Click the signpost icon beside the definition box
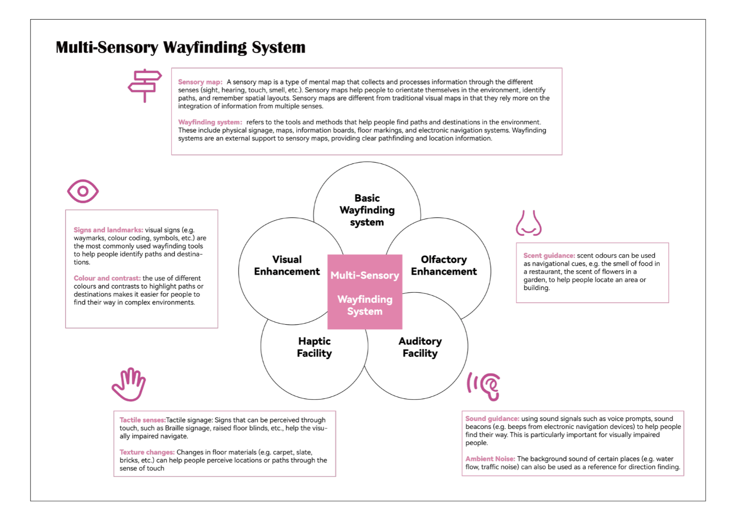pyautogui.click(x=145, y=85)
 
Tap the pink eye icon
pyautogui.click(x=83, y=191)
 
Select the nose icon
pyautogui.click(x=528, y=223)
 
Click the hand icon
pyautogui.click(x=129, y=384)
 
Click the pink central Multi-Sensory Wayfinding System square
pyautogui.click(x=365, y=292)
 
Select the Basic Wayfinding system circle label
pyautogui.click(x=367, y=210)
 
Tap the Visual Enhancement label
pyautogui.click(x=287, y=265)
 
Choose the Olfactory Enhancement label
pyautogui.click(x=444, y=265)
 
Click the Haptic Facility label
pyautogui.click(x=314, y=347)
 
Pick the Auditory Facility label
pyautogui.click(x=420, y=347)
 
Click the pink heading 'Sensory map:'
pyautogui.click(x=200, y=82)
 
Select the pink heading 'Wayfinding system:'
pyautogui.click(x=210, y=122)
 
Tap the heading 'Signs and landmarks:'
pyautogui.click(x=108, y=230)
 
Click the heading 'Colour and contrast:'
pyautogui.click(x=107, y=278)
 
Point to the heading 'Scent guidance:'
pyautogui.click(x=549, y=255)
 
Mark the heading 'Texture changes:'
pyautogui.click(x=147, y=452)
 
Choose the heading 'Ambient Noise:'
pyautogui.click(x=490, y=458)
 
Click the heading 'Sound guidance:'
pyautogui.click(x=492, y=419)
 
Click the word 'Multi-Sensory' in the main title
pyautogui.click(x=107, y=47)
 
